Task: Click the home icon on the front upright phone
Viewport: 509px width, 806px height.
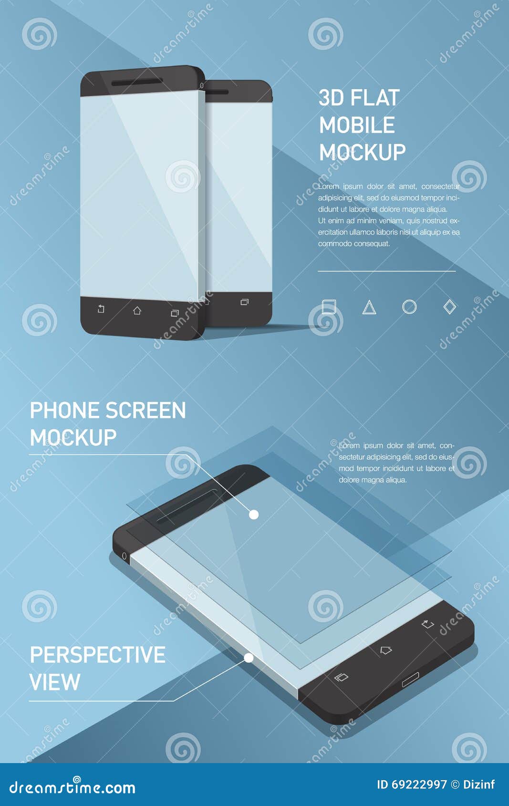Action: [x=137, y=311]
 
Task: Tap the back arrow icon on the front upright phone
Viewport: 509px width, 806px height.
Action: [x=101, y=309]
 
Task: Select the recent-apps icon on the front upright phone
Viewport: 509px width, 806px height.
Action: [x=175, y=313]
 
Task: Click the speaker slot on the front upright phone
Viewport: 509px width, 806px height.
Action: [x=137, y=82]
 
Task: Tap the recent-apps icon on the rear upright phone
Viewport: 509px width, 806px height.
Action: [x=244, y=302]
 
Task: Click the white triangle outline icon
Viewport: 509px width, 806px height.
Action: [x=369, y=308]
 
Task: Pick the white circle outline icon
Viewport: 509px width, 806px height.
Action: [x=409, y=307]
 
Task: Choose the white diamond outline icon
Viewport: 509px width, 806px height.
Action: [x=449, y=307]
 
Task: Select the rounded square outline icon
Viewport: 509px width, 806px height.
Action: [x=329, y=306]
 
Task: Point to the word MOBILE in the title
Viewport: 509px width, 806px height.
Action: [x=357, y=125]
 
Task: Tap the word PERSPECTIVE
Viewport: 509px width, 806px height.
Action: [x=98, y=655]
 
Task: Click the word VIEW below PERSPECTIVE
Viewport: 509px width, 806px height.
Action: [x=55, y=682]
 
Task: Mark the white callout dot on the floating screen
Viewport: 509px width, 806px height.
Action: [x=254, y=515]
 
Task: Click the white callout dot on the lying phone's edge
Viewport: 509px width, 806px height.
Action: [x=249, y=658]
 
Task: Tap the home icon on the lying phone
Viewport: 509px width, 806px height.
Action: [x=385, y=650]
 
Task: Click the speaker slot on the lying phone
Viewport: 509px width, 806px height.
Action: [x=187, y=506]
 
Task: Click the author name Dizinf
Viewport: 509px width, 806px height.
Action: [x=479, y=785]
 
